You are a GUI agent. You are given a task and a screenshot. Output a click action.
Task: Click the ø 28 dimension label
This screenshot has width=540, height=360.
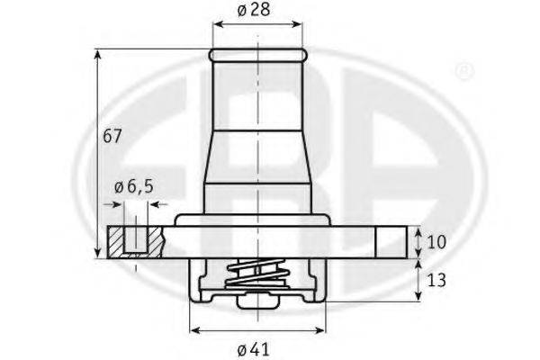[254, 10]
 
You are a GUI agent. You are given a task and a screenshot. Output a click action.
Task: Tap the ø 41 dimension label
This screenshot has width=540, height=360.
[254, 350]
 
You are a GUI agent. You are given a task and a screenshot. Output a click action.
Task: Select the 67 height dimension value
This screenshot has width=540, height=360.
[112, 136]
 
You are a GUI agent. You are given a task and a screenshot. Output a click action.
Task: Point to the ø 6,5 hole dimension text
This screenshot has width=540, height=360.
[133, 187]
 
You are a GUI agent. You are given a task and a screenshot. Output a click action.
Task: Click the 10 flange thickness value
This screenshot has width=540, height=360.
[436, 242]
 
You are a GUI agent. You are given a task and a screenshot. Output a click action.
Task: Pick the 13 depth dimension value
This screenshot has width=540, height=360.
[436, 281]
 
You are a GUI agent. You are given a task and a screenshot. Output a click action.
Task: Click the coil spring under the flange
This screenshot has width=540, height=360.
[256, 274]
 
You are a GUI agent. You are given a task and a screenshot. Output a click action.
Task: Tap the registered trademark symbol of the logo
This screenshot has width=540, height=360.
[464, 71]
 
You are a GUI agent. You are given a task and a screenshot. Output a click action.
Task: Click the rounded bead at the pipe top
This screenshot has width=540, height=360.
[257, 55]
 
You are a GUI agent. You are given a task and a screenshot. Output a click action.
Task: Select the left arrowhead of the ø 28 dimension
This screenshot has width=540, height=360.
[218, 24]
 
